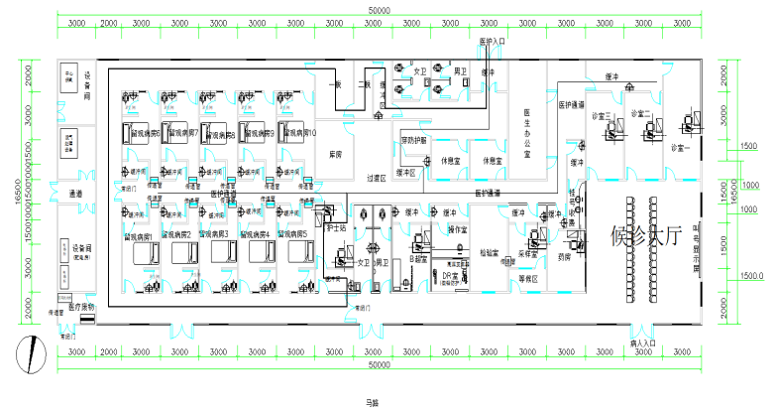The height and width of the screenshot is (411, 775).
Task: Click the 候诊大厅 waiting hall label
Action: (x=648, y=235)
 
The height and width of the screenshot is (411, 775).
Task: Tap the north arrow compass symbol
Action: (x=37, y=352)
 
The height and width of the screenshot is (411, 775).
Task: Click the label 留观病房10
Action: (x=297, y=132)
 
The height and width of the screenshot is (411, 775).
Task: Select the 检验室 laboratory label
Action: (x=488, y=253)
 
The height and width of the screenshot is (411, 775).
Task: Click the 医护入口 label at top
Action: (x=493, y=43)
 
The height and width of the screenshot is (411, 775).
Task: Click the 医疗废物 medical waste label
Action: (x=78, y=307)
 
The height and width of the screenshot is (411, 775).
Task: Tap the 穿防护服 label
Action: (x=414, y=139)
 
